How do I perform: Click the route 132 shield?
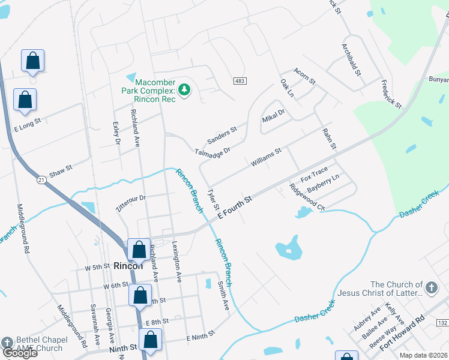[442, 323]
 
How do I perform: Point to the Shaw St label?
[61, 172]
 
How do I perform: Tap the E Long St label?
[27, 125]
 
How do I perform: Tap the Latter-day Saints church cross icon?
[430, 289]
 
